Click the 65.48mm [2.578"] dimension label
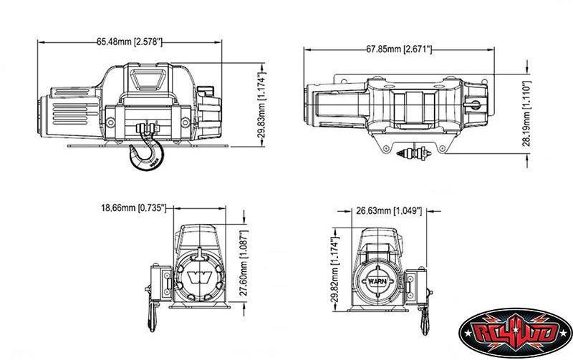coord(130,42)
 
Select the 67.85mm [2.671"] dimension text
coord(399,49)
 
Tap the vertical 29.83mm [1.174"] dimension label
coord(261,104)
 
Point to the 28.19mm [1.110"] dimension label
coord(526,113)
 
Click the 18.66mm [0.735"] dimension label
coord(134,208)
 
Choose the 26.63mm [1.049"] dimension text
coord(389,210)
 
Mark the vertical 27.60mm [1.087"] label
coord(244,263)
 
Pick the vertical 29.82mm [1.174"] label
coord(334,270)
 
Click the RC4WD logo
coord(515,333)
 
